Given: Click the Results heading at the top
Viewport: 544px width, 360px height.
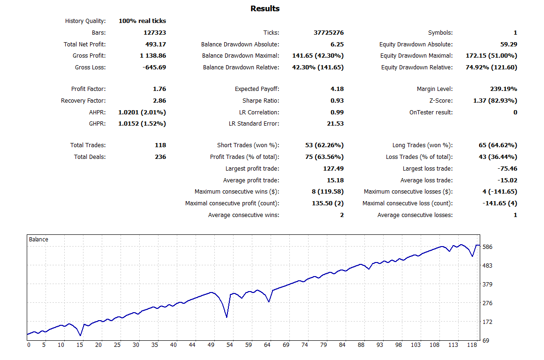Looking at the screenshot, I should tap(265, 8).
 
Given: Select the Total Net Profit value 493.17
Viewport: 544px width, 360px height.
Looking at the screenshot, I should tap(156, 45).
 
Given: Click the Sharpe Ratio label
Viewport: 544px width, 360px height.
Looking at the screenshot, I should tap(261, 101).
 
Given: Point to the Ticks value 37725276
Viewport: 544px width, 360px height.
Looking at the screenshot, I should tap(328, 33).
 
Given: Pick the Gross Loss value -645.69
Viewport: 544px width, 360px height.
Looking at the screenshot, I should tap(153, 67).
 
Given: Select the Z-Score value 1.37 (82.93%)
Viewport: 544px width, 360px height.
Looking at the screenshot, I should tap(495, 101).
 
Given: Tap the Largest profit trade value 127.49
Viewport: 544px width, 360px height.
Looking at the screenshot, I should tap(332, 169).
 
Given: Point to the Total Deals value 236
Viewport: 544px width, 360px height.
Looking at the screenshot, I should tap(160, 157).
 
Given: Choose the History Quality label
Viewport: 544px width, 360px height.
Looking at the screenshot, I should tap(85, 21).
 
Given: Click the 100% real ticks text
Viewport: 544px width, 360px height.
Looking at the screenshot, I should tap(142, 21).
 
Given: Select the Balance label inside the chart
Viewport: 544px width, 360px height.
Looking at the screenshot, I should tap(38, 240).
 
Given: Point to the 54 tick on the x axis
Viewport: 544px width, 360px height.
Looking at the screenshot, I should tap(229, 345).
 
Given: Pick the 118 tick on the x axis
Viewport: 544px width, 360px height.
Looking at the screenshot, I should tap(472, 345).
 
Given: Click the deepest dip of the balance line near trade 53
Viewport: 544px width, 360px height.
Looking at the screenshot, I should tap(227, 317).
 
